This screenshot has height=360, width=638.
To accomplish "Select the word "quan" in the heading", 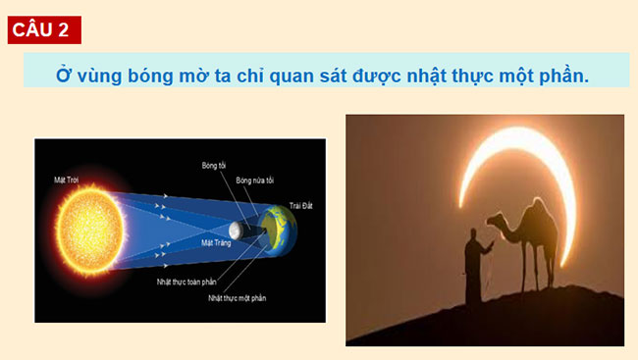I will coord(294,75).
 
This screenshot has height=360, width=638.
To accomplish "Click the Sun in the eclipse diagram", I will coord(84,227).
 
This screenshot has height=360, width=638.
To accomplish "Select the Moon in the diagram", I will coord(236,231).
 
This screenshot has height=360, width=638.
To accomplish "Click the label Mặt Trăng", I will coord(214,242).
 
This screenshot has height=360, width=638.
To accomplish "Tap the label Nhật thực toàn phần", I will coord(186,282).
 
